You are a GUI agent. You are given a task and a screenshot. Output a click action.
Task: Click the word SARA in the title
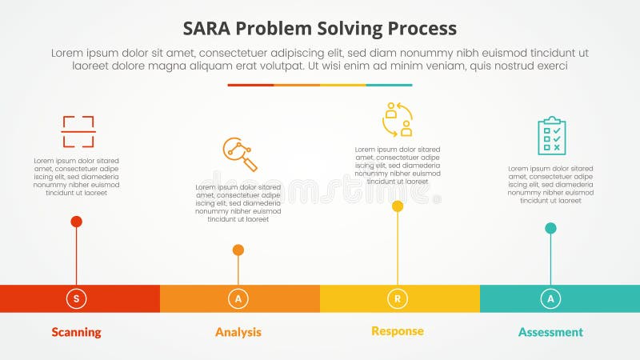(210, 28)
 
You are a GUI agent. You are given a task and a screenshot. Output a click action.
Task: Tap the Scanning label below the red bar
(76, 332)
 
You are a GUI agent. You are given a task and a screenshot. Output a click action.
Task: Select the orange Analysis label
(238, 332)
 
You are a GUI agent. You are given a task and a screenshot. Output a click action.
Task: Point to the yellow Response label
(398, 331)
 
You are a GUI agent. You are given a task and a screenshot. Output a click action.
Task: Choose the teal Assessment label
(550, 332)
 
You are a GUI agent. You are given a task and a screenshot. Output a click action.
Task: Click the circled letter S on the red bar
(76, 298)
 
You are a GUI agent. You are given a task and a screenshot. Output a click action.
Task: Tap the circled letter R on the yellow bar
(398, 298)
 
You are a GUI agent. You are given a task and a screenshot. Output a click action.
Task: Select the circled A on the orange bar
(238, 298)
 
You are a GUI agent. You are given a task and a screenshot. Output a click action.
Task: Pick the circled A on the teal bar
(550, 298)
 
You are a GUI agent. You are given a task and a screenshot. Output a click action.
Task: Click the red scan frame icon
(78, 132)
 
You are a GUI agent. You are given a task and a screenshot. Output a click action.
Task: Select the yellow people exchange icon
(398, 119)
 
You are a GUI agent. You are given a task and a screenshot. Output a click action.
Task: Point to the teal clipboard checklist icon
(551, 135)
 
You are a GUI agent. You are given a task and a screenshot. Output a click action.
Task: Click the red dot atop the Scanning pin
(76, 222)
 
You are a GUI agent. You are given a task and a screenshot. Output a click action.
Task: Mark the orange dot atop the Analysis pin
(238, 250)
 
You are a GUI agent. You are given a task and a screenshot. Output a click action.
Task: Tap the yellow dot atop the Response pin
(398, 206)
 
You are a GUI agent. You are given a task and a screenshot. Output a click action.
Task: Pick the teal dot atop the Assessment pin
(550, 228)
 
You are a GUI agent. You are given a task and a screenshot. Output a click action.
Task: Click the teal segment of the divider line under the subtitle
(390, 85)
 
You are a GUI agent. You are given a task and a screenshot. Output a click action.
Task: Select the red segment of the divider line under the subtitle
(250, 85)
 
